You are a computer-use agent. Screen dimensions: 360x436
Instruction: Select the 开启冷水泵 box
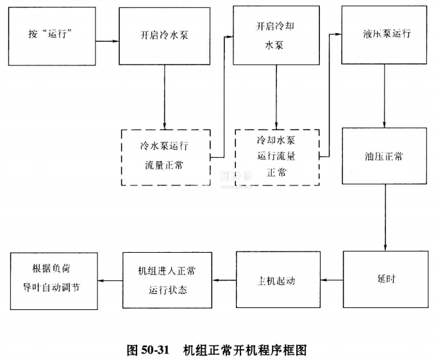(x=164, y=36)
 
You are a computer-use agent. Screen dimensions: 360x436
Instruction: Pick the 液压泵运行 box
(x=383, y=35)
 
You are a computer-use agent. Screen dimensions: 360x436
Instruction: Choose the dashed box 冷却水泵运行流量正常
(x=276, y=157)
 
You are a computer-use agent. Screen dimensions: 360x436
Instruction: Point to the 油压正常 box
(x=383, y=156)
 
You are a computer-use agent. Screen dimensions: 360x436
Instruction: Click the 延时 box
(x=383, y=280)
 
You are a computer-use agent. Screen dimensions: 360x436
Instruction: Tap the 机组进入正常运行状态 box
(x=167, y=280)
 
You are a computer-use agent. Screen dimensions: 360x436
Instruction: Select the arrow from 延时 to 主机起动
(x=331, y=280)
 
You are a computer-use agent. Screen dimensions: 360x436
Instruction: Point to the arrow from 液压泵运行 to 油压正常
(x=383, y=96)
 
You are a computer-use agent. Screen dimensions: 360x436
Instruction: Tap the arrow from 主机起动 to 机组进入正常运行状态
(x=224, y=280)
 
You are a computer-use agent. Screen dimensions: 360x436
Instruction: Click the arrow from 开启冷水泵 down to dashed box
(x=164, y=96)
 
